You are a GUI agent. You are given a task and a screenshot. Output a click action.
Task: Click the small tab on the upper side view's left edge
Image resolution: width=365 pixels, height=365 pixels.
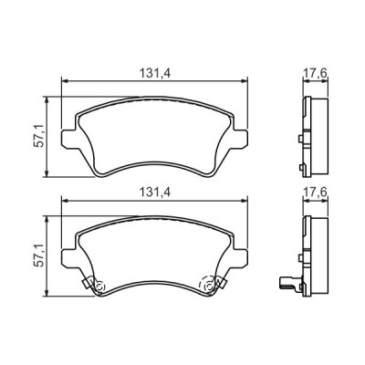[x=300, y=139]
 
